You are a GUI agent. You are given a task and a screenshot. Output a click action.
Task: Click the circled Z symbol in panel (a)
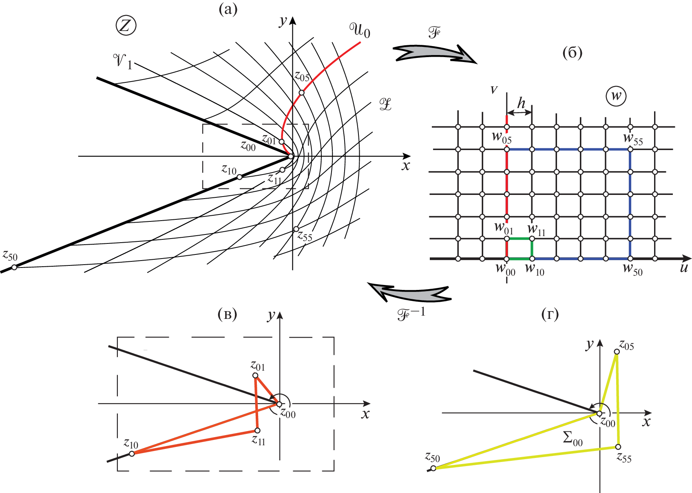point(126,26)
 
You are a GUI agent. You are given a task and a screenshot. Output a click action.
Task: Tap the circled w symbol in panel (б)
point(616,96)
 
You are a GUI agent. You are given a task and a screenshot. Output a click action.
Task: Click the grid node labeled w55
point(630,150)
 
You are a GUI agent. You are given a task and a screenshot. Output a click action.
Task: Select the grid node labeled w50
point(630,259)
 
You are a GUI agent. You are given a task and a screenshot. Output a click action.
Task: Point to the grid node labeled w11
point(532,239)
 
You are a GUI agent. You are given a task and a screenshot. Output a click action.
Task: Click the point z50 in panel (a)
point(14,267)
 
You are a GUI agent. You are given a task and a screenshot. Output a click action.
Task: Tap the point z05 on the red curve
point(302,93)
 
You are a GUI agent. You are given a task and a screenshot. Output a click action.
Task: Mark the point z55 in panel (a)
point(296,229)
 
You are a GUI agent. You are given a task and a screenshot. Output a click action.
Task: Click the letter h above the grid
point(521,103)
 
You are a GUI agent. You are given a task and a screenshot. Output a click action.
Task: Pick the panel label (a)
point(228,9)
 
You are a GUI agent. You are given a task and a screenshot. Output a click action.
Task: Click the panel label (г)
point(550,314)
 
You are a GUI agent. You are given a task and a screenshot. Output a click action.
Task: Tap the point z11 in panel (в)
point(257,431)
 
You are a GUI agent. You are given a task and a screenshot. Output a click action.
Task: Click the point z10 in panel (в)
point(132,453)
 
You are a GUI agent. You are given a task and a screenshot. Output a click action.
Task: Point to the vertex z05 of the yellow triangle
point(617,352)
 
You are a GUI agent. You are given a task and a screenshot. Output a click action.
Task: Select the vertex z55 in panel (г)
point(618,447)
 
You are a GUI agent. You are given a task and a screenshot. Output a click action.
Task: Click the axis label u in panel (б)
point(684,268)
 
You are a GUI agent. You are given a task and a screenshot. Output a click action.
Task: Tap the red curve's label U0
point(360,30)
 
